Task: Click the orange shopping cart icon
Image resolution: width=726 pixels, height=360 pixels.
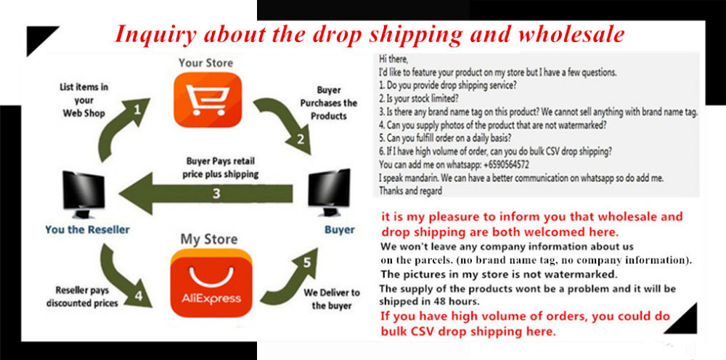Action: [208, 99]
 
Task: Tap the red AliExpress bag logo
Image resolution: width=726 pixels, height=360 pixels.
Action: [211, 283]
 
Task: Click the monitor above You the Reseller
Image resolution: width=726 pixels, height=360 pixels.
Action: [83, 195]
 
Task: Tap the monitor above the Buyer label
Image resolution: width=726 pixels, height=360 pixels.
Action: [329, 192]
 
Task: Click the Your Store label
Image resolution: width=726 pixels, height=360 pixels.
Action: [206, 62]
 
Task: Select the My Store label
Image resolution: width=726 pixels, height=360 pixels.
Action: [209, 240]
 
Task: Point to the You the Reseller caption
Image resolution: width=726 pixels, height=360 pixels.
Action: [88, 229]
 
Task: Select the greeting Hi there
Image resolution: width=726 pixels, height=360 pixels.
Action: [394, 60]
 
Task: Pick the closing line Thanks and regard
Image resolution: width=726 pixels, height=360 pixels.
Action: [410, 191]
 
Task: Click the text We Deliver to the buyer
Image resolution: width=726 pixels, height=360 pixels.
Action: [331, 299]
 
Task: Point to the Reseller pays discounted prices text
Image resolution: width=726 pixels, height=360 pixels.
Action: [82, 297]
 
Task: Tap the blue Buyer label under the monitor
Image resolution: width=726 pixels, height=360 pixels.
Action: [339, 229]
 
